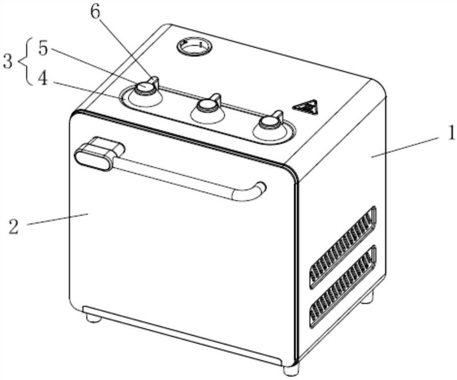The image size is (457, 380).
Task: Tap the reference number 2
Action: click(x=14, y=225)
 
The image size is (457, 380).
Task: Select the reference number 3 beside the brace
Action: click(x=7, y=62)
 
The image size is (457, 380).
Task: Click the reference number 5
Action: click(x=43, y=49)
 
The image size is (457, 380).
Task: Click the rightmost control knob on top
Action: click(x=270, y=122)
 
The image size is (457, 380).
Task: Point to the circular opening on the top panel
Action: click(x=194, y=46)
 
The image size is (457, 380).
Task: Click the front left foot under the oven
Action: click(x=94, y=318)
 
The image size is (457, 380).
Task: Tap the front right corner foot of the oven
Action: click(x=291, y=369)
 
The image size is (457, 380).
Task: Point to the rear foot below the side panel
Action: click(x=367, y=297)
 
